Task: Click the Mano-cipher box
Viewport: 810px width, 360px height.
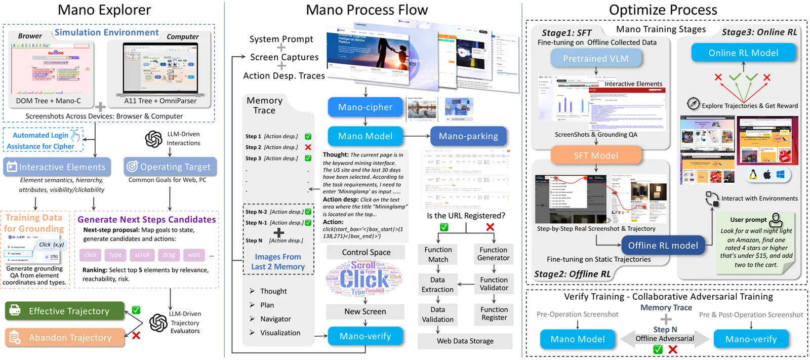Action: [365, 107]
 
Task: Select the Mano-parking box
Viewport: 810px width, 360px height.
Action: [468, 136]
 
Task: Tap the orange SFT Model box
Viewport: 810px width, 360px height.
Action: [595, 156]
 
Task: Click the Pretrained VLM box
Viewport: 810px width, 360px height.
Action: [595, 59]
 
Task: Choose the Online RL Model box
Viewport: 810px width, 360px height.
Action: [743, 53]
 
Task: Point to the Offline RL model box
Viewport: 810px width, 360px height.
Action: [663, 246]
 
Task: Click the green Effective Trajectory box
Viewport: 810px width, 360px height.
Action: [65, 311]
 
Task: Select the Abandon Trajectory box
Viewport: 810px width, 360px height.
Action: [65, 338]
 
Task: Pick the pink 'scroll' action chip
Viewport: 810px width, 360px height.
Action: [142, 255]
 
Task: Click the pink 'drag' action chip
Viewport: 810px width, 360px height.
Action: [169, 255]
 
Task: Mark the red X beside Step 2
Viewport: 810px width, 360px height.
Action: [308, 147]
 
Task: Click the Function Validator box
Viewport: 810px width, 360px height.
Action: [494, 284]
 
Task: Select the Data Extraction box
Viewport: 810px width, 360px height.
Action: [437, 285]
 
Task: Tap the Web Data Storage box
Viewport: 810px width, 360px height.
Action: [465, 341]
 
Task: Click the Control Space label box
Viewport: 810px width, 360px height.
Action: [366, 252]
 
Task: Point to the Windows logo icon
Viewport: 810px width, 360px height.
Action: [780, 175]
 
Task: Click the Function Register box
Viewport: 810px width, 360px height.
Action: [494, 313]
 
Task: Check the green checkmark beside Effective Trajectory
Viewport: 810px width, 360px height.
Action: [136, 310]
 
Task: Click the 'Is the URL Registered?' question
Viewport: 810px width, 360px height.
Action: [466, 216]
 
